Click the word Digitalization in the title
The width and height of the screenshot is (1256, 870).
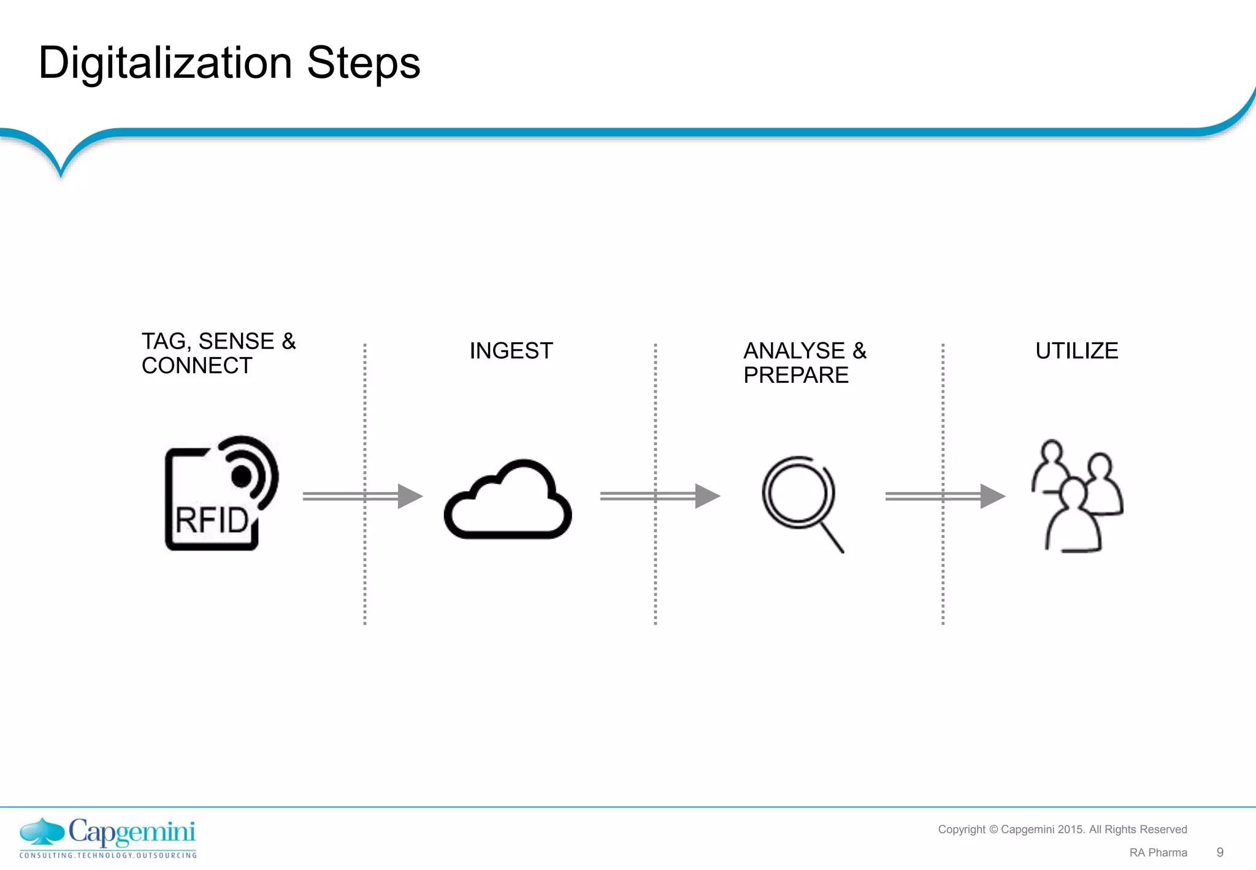pos(165,64)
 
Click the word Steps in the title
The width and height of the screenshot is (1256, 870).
pos(363,64)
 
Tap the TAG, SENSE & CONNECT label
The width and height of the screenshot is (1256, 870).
pos(218,353)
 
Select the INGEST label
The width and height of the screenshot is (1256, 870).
pos(511,351)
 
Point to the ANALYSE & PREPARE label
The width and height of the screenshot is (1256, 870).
pos(805,363)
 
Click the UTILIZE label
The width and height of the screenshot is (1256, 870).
pos(1076,351)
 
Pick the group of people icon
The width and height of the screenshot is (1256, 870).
pos(1077,497)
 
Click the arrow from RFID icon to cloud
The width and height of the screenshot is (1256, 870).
pos(362,496)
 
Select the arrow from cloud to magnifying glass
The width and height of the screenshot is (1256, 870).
pos(659,496)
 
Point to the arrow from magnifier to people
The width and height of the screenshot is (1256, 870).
pos(944,496)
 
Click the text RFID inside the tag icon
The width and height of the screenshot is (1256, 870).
pos(212,520)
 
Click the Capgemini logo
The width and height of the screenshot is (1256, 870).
pos(108,833)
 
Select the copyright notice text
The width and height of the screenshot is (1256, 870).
pos(1062,830)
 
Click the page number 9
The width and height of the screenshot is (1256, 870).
pos(1220,852)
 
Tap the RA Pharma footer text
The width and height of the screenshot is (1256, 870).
pos(1158,853)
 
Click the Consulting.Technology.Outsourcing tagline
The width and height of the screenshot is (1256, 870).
pos(108,855)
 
